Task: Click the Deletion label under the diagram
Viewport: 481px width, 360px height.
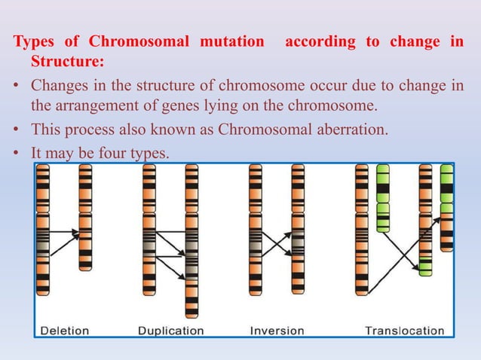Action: click(x=64, y=330)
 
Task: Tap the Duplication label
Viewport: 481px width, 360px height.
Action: click(x=171, y=330)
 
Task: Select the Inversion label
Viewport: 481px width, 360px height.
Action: click(x=277, y=330)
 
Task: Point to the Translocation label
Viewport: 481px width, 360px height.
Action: click(x=404, y=330)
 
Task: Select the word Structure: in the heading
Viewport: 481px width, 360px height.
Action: click(x=66, y=59)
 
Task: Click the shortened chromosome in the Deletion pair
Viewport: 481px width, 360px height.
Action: click(x=85, y=218)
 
